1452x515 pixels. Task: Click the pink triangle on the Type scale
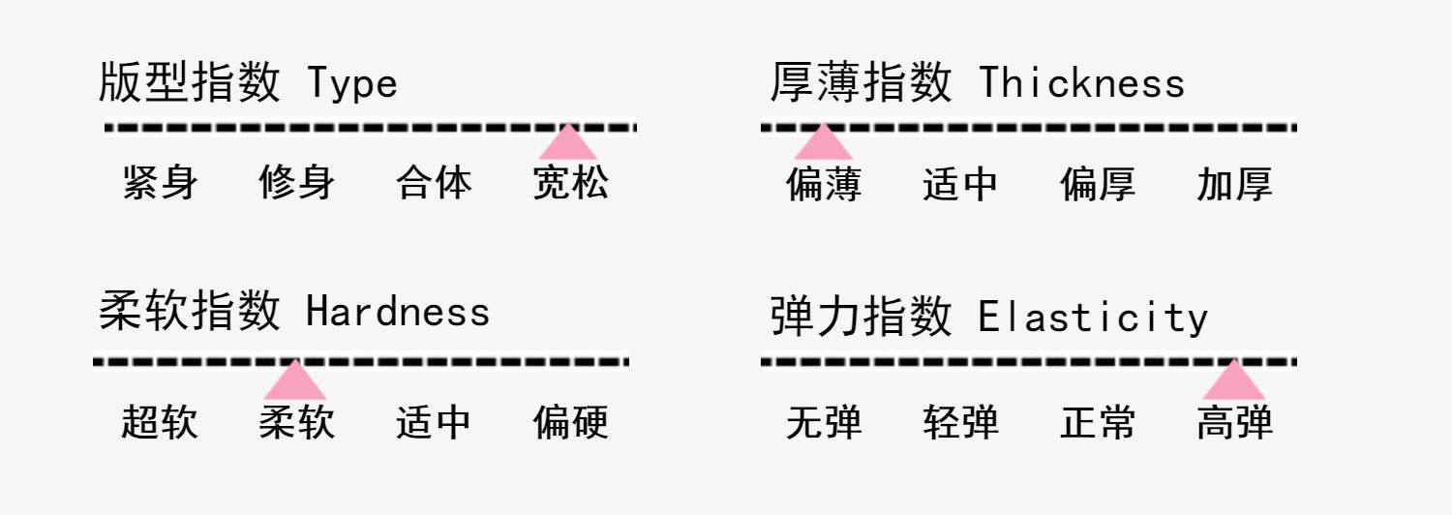(x=568, y=144)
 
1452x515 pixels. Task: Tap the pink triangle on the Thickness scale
(x=823, y=144)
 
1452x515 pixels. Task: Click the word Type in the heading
(x=352, y=84)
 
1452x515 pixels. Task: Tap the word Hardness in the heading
(x=398, y=312)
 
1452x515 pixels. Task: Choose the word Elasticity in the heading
(x=1093, y=318)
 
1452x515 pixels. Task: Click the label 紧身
(x=161, y=183)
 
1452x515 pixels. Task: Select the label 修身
(x=297, y=183)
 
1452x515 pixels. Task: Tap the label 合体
(x=434, y=183)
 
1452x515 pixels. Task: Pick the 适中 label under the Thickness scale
(x=960, y=184)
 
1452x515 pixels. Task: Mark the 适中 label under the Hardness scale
(x=434, y=422)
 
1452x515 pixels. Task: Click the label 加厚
(x=1234, y=184)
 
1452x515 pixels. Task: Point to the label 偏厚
(x=1098, y=184)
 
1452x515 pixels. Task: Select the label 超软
(x=160, y=422)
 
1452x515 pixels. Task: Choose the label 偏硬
(x=571, y=422)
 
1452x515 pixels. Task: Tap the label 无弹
(x=824, y=423)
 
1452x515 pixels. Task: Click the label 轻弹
(x=960, y=423)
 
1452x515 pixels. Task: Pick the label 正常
(x=1098, y=423)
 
